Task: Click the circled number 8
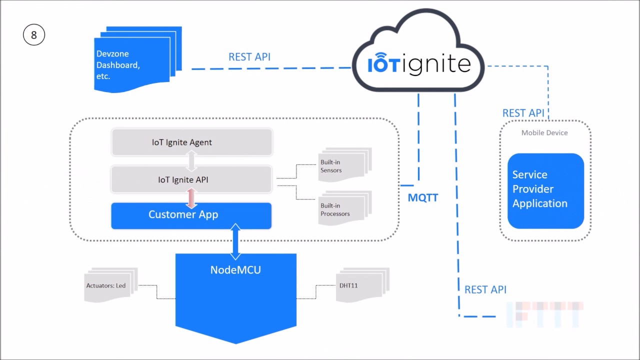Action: (34, 35)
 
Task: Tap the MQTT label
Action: (423, 197)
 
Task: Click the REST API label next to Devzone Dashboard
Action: (249, 57)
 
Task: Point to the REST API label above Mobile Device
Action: (523, 113)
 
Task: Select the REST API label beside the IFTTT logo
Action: (485, 289)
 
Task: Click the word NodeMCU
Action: (235, 270)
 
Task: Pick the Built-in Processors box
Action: (343, 209)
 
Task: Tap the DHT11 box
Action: (360, 286)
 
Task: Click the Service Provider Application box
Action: (545, 190)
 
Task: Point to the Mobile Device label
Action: (544, 132)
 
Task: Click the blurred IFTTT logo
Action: (545, 314)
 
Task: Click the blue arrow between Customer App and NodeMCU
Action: (235, 241)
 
